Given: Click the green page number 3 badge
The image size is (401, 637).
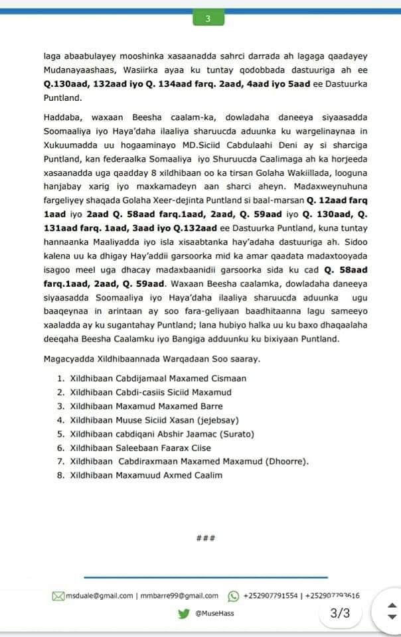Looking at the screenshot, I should pyautogui.click(x=208, y=19).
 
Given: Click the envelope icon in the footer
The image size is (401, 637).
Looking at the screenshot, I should pyautogui.click(x=58, y=596).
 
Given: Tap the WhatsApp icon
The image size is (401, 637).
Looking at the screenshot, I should pyautogui.click(x=233, y=596).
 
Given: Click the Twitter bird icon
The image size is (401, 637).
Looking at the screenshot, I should pyautogui.click(x=183, y=613).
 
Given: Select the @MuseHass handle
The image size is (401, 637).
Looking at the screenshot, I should pyautogui.click(x=214, y=613).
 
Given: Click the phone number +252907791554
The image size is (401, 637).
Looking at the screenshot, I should pyautogui.click(x=270, y=596).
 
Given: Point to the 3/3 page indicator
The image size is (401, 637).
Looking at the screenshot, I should pyautogui.click(x=339, y=613).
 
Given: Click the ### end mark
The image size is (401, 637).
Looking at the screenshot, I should pyautogui.click(x=206, y=537).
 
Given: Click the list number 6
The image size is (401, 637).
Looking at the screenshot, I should pyautogui.click(x=60, y=448).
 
